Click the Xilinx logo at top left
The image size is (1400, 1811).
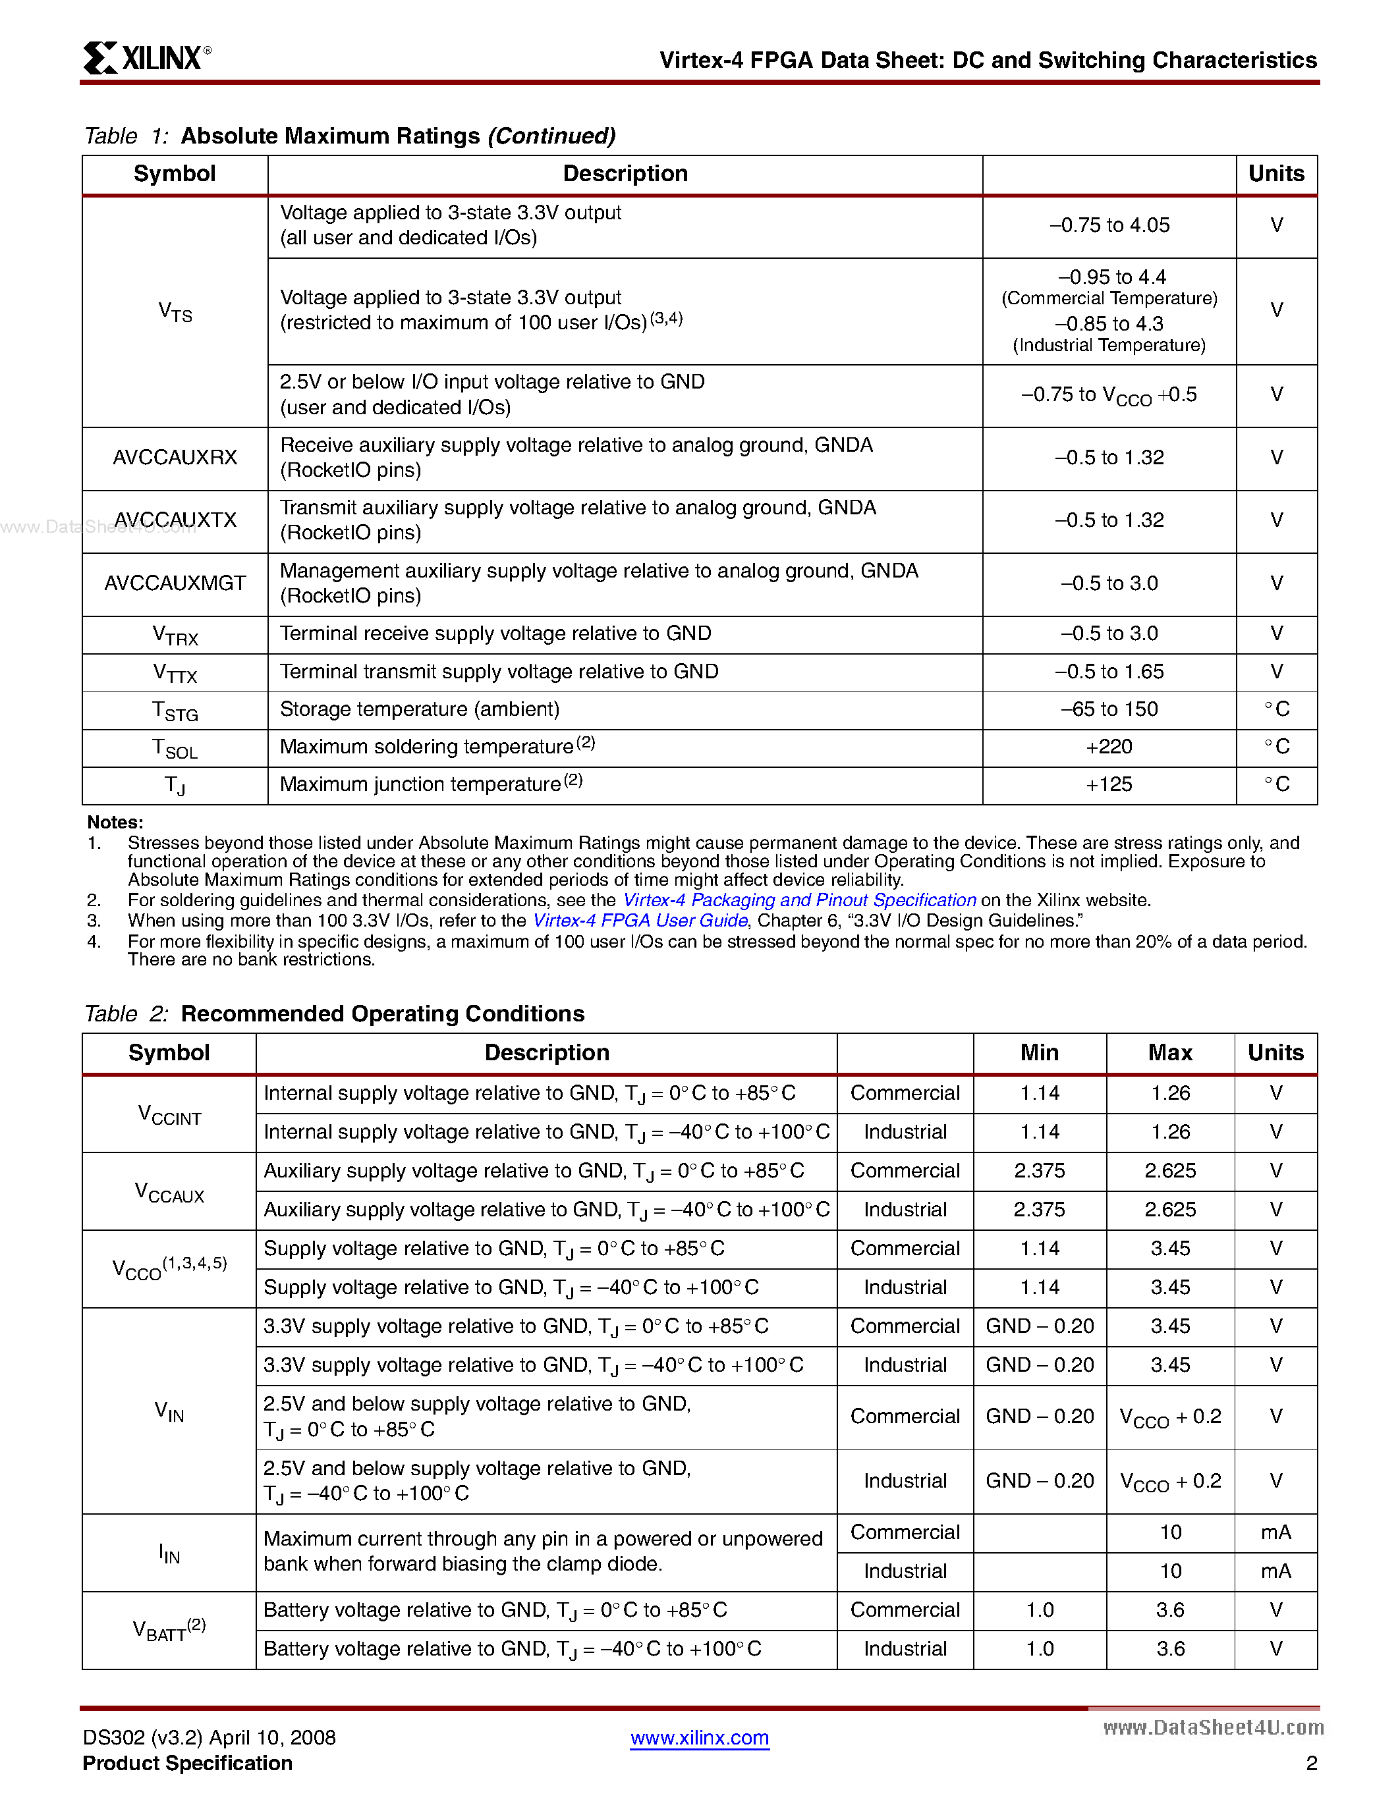(x=147, y=58)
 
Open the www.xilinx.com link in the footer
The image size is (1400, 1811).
(x=699, y=1737)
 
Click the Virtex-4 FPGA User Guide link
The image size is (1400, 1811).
(x=640, y=921)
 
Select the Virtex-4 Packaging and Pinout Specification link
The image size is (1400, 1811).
(x=798, y=900)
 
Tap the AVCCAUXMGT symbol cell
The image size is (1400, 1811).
(x=175, y=583)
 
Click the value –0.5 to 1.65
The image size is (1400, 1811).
(x=1109, y=672)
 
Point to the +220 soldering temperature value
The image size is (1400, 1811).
(x=1109, y=747)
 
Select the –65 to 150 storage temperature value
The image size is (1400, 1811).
(x=1109, y=709)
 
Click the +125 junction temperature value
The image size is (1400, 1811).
(x=1109, y=784)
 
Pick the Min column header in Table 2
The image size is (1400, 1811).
(x=1039, y=1053)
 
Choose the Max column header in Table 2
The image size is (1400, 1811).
(x=1169, y=1053)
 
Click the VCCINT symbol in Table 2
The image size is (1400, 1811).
(x=169, y=1114)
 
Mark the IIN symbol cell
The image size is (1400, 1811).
(x=169, y=1552)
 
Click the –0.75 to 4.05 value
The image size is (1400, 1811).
(x=1109, y=225)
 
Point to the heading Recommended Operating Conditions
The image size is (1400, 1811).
(x=382, y=1014)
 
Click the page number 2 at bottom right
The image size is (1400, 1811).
(x=1311, y=1763)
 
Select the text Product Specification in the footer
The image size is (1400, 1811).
(x=188, y=1763)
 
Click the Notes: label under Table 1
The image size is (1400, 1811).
(x=115, y=822)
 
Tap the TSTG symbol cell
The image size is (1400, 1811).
(x=175, y=711)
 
